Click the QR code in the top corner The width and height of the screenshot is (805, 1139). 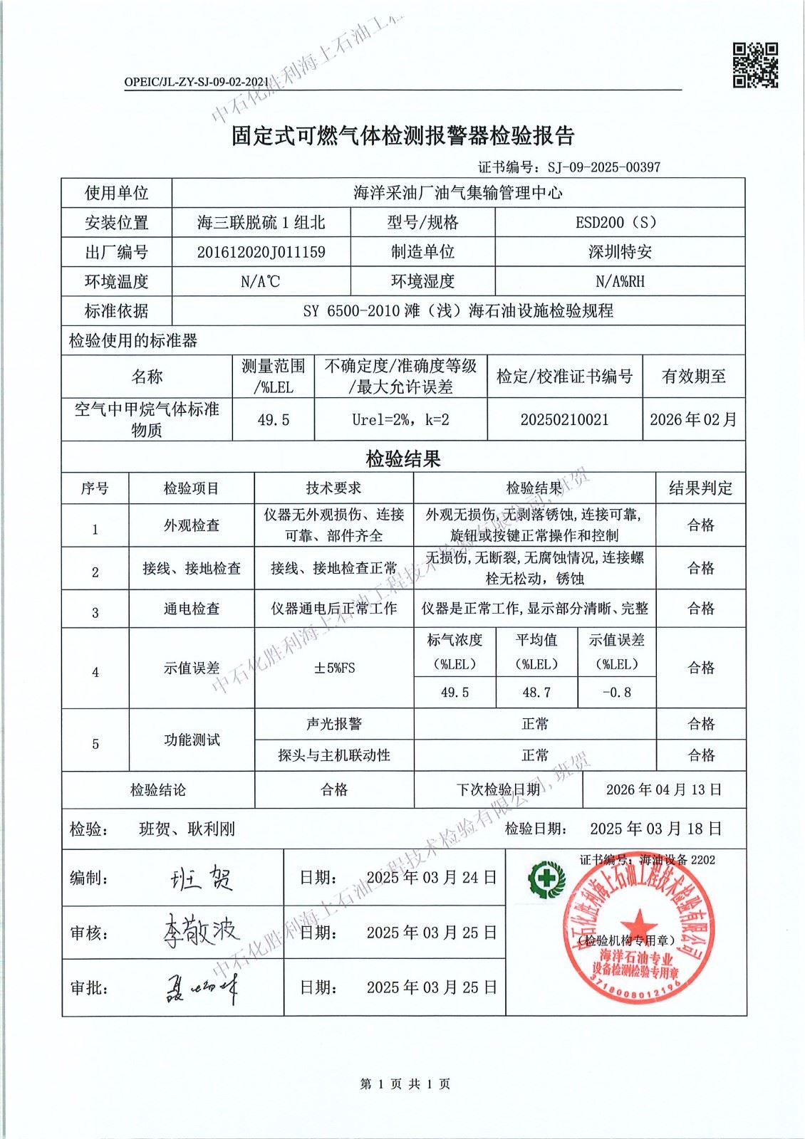pos(755,65)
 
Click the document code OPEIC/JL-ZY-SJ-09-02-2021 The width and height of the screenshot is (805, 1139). pos(197,82)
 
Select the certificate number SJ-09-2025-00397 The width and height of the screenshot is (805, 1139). pos(603,167)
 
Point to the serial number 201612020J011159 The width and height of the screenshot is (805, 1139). pos(261,252)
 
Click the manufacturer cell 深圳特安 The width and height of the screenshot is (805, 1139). pos(620,252)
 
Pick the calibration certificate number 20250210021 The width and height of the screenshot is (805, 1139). pos(564,419)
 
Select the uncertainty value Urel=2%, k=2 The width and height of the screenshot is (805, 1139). pos(400,419)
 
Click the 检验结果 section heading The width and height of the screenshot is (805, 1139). pos(403,459)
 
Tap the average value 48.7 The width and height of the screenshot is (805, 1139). pos(536,692)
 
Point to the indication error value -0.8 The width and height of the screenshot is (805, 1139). pos(616,692)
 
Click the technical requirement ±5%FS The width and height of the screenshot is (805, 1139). pos(334,668)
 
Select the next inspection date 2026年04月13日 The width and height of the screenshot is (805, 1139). pos(664,789)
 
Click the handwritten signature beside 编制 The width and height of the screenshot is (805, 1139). pos(202,878)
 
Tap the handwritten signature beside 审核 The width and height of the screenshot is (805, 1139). pos(201,931)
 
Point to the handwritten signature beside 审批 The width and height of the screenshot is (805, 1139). pos(202,987)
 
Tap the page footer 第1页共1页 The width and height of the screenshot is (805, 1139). pos(405,1084)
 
